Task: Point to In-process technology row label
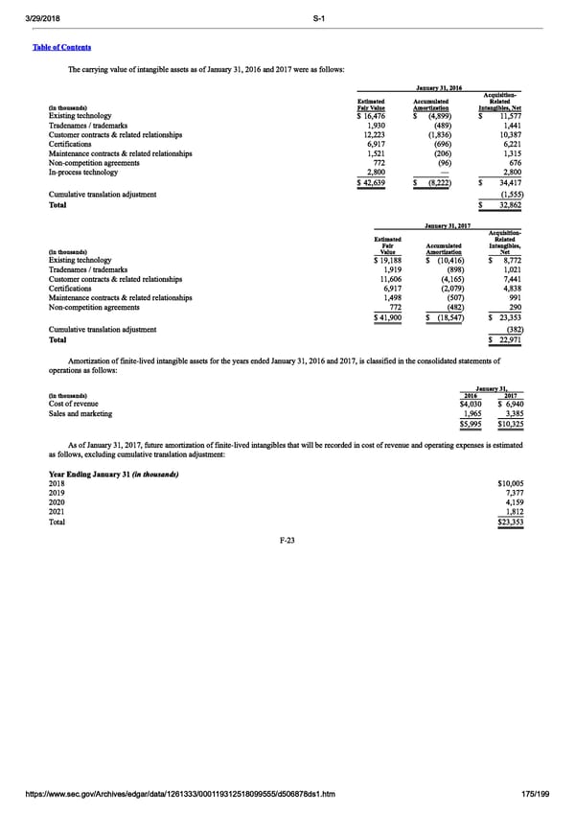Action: pos(85,172)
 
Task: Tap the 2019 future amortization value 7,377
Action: pos(511,495)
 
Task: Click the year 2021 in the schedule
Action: pos(57,513)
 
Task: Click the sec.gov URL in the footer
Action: pos(176,795)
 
